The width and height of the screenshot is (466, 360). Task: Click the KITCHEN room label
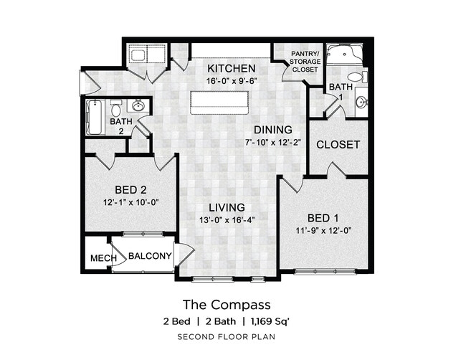[232, 68]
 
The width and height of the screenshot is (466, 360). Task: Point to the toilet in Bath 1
[354, 77]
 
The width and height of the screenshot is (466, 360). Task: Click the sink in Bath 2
[139, 107]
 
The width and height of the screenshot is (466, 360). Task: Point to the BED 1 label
[324, 218]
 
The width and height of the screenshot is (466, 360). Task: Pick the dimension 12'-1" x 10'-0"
[130, 202]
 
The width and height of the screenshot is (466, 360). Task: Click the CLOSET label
[338, 144]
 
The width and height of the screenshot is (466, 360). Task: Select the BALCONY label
[150, 256]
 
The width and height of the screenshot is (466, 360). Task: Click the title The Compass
[226, 304]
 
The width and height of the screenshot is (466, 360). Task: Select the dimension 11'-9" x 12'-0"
[324, 230]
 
